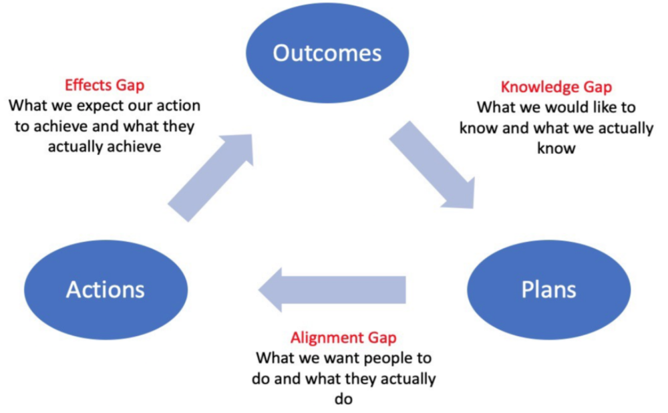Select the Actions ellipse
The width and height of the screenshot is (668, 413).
point(106,289)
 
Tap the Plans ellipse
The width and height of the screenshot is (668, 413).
point(548,289)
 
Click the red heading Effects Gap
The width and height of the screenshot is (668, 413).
point(104,86)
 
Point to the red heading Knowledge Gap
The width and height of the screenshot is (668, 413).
point(556,87)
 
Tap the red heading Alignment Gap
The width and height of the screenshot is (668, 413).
point(343,337)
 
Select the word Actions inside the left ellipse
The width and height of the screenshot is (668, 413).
point(106,289)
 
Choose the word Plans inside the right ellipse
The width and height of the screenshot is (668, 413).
point(548,289)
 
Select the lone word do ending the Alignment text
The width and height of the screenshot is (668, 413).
point(343,399)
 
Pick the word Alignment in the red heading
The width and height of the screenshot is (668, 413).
point(327,337)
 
